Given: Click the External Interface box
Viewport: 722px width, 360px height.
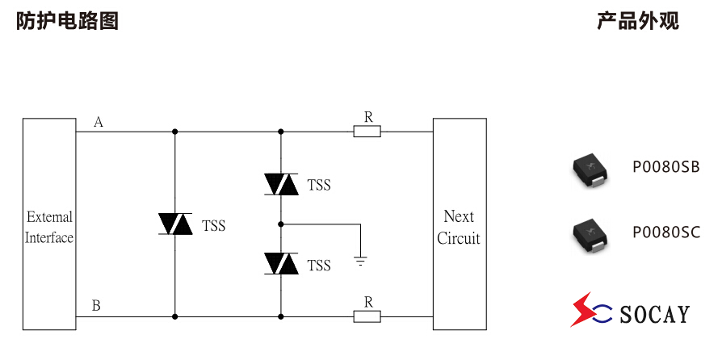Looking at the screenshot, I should (49, 224).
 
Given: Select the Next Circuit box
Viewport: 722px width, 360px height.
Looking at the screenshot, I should (460, 224).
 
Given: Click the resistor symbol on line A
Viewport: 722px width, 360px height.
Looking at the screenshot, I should (367, 131).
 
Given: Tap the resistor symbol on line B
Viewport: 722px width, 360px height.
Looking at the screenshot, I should (367, 316).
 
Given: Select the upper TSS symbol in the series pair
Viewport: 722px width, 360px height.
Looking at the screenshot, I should (281, 185).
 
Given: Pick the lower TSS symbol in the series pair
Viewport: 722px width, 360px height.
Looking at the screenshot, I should (281, 263).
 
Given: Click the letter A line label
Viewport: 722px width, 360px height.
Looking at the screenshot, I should (99, 122).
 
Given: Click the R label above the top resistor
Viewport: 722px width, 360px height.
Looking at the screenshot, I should (368, 117).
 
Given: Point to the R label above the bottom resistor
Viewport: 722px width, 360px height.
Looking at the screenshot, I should (368, 302).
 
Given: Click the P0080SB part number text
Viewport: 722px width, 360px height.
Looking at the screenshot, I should (665, 167).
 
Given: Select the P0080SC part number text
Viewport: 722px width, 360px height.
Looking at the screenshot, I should (665, 232).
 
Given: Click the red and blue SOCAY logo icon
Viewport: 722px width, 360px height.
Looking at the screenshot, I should (589, 310).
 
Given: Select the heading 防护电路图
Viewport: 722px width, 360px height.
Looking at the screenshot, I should (68, 21).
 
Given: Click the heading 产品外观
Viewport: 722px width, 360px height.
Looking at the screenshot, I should (637, 21).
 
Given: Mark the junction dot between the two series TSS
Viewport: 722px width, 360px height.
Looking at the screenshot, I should (281, 224).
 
